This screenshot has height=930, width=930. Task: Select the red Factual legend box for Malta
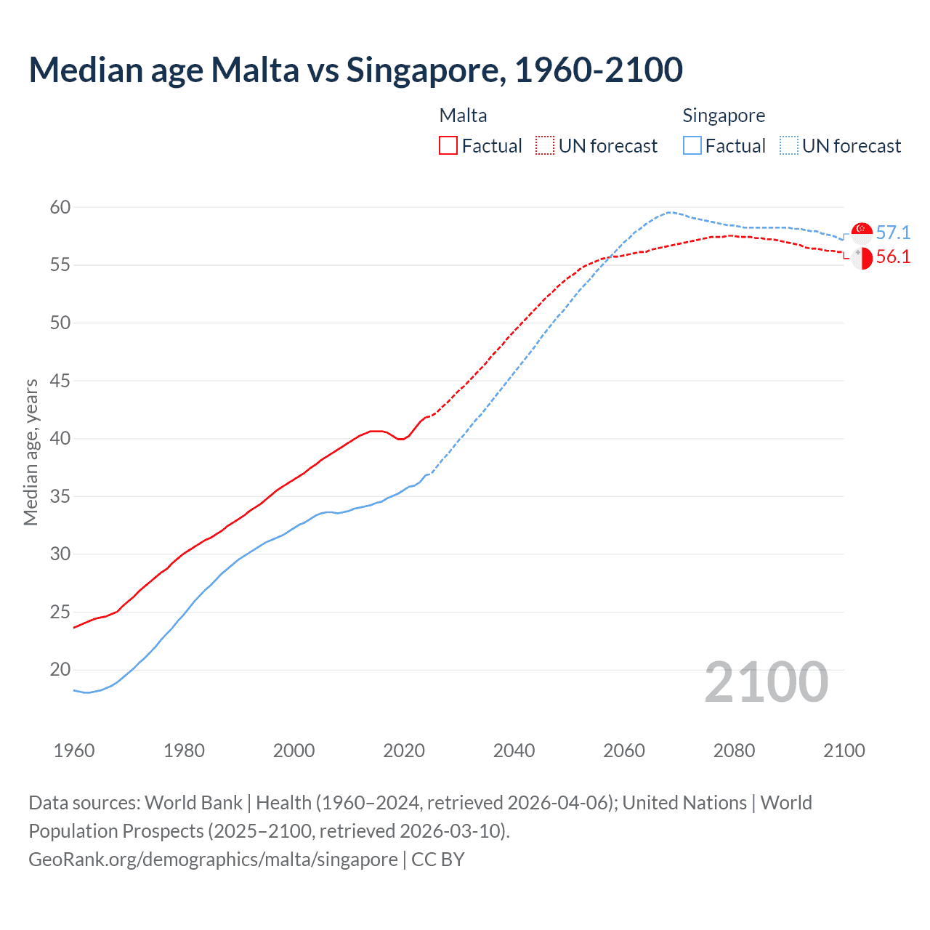(448, 146)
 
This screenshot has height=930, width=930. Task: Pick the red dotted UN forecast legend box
(545, 146)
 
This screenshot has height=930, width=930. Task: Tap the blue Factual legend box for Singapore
(692, 146)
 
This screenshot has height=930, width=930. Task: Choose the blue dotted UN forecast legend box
(789, 146)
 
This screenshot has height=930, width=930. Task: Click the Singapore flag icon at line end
(862, 233)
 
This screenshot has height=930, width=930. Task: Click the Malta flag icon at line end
(862, 258)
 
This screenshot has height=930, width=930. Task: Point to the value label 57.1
(893, 232)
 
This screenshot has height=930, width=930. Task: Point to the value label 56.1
(893, 256)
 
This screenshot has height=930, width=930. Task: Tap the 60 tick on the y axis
(60, 208)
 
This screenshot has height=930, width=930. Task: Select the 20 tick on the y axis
(60, 670)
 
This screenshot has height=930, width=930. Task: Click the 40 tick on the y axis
(60, 439)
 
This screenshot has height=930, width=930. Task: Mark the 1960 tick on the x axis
(74, 751)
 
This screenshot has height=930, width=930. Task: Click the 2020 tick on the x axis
(404, 751)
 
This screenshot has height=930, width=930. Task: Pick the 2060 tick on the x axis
(624, 751)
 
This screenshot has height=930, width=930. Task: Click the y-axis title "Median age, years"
(31, 452)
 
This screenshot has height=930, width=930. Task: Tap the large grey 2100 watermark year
(767, 682)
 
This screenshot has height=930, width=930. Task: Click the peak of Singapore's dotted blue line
(669, 212)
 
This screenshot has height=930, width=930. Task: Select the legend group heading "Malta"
(463, 116)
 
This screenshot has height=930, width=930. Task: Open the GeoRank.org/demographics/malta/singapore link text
(213, 860)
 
